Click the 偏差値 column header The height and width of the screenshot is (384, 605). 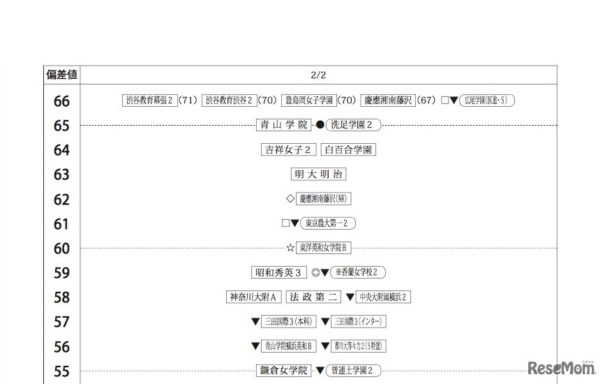click(61, 74)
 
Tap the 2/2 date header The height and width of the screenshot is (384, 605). click(319, 74)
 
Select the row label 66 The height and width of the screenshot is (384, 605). click(61, 101)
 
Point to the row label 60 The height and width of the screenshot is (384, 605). click(61, 249)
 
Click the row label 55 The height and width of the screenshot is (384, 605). click(61, 371)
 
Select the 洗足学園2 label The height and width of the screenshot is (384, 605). click(354, 125)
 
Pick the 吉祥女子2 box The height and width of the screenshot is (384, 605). click(289, 149)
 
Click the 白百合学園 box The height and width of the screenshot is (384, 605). click(349, 149)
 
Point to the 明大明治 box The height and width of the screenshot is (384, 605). click(319, 174)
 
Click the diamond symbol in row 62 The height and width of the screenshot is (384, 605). click(290, 198)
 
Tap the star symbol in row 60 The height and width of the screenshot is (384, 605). click(290, 248)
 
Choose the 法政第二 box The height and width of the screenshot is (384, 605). click(313, 297)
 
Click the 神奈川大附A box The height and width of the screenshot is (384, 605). click(254, 297)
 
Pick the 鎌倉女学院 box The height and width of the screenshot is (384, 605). click(283, 371)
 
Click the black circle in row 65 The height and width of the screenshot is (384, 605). click(320, 125)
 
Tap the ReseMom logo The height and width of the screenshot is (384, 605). click(560, 368)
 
